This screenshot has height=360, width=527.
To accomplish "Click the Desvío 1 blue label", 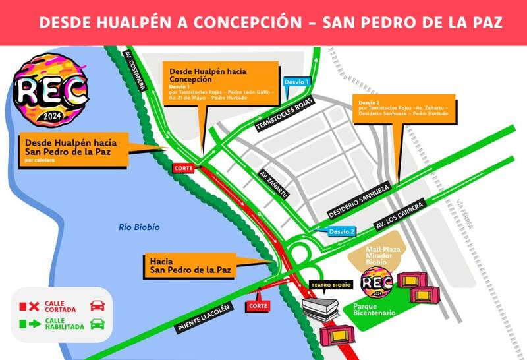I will (296, 82).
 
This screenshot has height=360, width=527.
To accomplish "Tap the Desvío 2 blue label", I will (343, 231).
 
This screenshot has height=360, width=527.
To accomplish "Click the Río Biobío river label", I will (140, 227).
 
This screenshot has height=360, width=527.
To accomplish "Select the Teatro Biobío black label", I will (330, 285).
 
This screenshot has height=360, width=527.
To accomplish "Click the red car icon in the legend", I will (97, 306).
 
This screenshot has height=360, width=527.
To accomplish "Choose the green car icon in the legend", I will (97, 324).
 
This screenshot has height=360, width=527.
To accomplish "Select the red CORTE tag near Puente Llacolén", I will (258, 307).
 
